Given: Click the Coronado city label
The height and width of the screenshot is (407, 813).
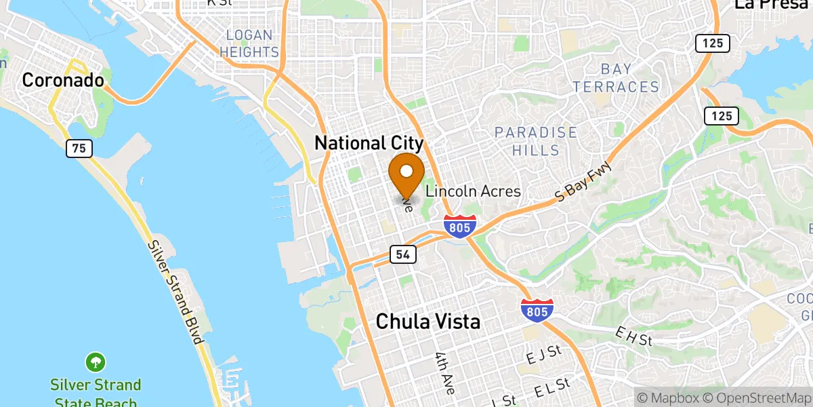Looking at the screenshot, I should [x=63, y=80].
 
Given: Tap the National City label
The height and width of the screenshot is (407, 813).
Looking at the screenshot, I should [x=369, y=143].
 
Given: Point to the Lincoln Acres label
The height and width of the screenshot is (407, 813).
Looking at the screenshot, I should [x=473, y=191].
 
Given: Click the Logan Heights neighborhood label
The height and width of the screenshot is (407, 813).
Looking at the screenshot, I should [x=253, y=43].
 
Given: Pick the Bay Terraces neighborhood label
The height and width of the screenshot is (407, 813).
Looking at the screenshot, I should [x=615, y=78].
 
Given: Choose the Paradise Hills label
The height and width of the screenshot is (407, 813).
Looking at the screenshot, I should [x=535, y=141].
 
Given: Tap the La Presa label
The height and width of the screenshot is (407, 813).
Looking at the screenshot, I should [x=772, y=4].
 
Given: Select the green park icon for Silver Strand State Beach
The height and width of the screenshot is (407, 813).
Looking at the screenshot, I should [x=96, y=361].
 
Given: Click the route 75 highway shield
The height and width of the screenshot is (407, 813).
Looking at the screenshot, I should [x=79, y=149].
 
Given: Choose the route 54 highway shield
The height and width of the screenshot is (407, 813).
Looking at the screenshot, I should [x=402, y=254].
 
